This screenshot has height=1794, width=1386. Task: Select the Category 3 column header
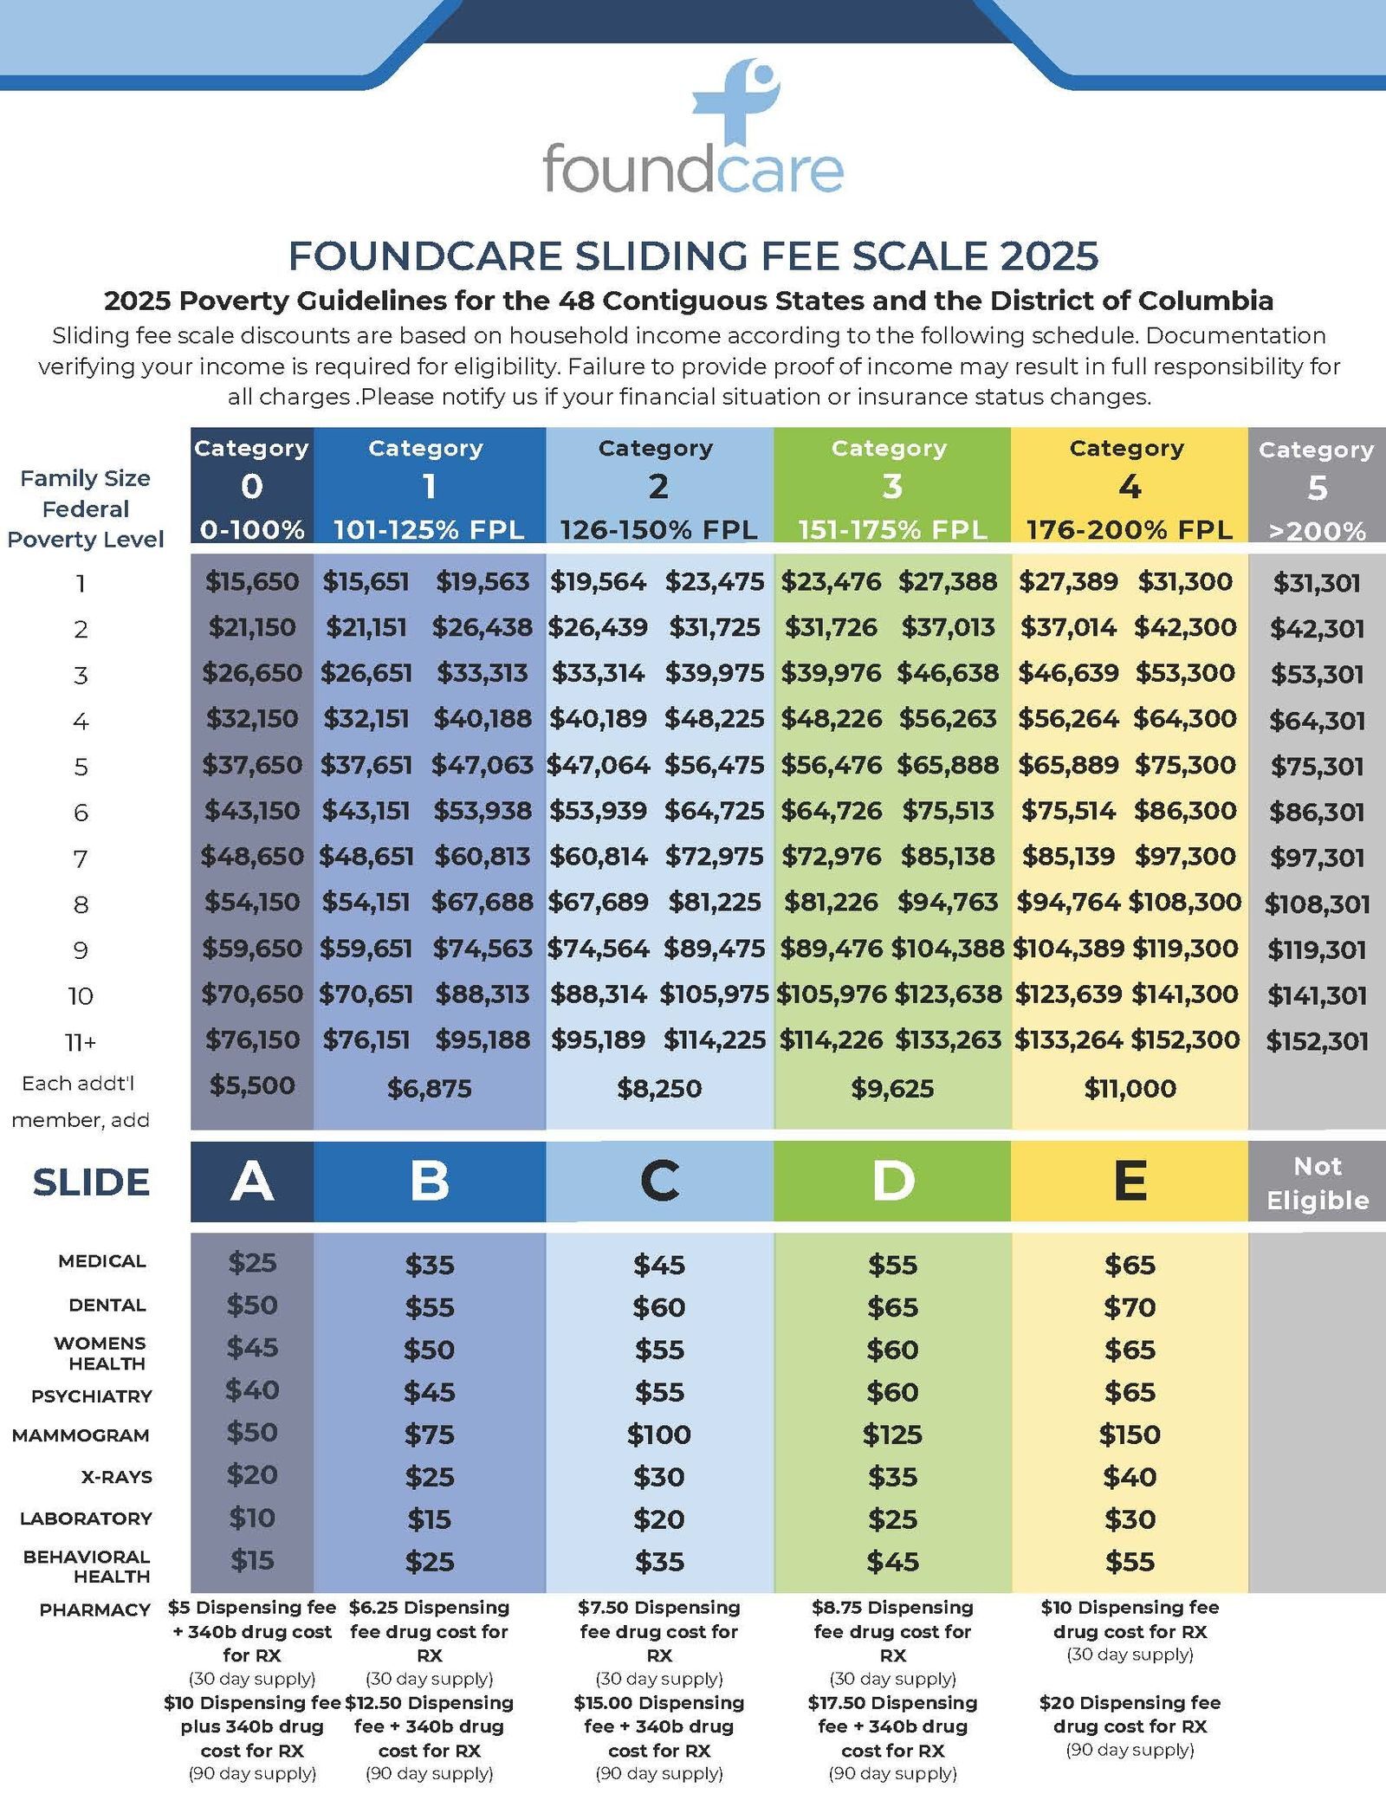click(x=891, y=485)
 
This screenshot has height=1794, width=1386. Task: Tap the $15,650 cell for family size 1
click(x=252, y=581)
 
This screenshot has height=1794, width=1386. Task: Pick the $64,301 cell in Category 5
click(x=1317, y=720)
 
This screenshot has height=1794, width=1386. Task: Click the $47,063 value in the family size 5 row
click(x=483, y=765)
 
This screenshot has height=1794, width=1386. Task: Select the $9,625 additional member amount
click(x=891, y=1088)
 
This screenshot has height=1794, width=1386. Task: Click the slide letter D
click(x=891, y=1181)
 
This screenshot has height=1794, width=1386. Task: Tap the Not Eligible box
click(x=1317, y=1182)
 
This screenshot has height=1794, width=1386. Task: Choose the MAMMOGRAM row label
click(x=81, y=1435)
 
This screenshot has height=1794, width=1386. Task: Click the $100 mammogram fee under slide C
click(x=658, y=1435)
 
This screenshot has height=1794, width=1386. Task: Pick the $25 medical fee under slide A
click(x=252, y=1262)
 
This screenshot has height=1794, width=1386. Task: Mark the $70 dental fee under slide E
click(x=1130, y=1306)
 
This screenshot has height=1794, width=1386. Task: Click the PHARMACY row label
click(x=94, y=1609)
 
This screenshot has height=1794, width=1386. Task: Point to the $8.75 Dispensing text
click(x=891, y=1608)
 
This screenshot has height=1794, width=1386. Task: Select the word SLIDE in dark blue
click(x=91, y=1182)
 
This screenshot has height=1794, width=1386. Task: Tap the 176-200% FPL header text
click(x=1129, y=530)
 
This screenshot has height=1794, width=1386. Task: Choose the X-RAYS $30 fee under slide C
click(x=658, y=1476)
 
